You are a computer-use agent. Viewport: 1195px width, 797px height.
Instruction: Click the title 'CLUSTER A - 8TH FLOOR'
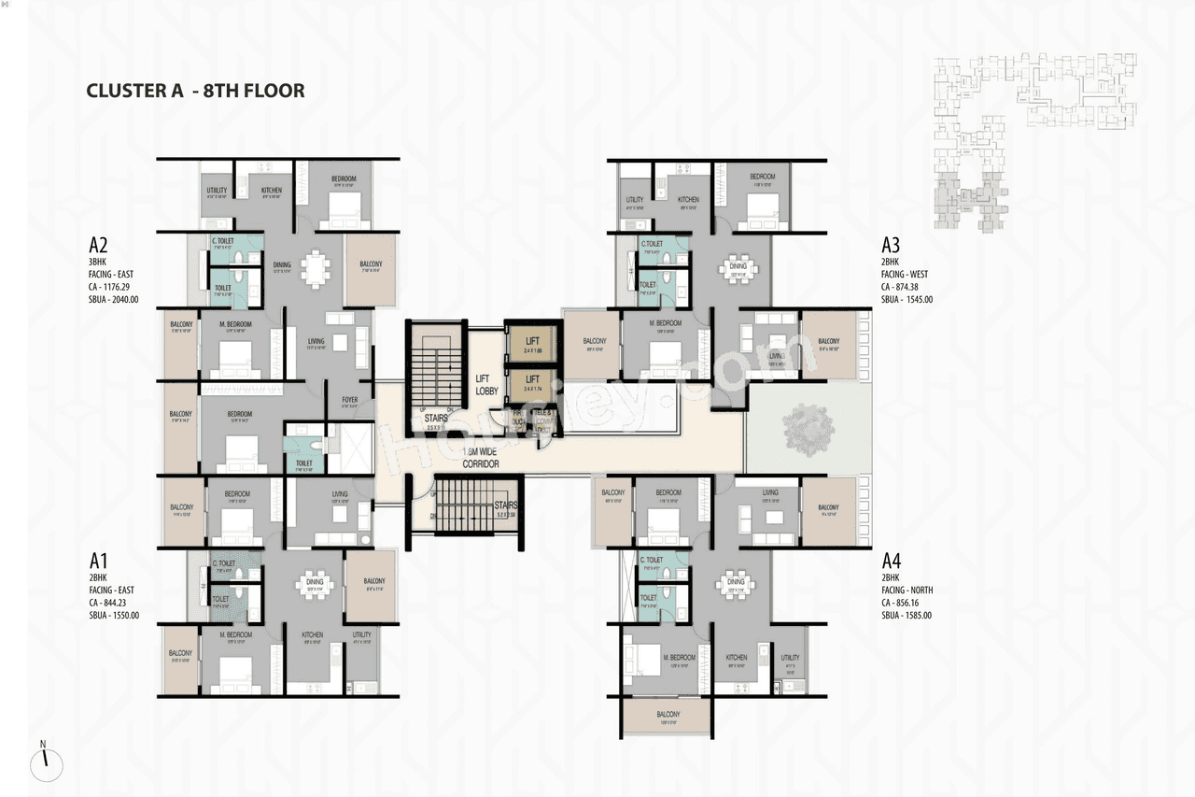[x=195, y=91]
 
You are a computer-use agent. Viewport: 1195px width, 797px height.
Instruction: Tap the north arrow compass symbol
[x=45, y=763]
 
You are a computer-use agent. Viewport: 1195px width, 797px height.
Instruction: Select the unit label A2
[x=99, y=246]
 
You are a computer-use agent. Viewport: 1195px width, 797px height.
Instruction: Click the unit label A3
[x=891, y=246]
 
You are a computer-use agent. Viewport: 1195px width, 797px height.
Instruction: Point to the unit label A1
[x=99, y=562]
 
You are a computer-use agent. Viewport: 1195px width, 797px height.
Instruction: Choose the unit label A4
[x=892, y=562]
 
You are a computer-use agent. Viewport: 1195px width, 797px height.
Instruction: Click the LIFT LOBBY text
[x=486, y=385]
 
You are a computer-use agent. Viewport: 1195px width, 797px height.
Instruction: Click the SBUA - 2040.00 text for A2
[x=114, y=299]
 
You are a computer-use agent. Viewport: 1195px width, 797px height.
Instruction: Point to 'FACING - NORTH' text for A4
[x=907, y=591]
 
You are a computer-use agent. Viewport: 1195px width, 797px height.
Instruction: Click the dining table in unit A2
[x=316, y=269]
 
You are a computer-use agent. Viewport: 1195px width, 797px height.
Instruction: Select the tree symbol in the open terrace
[x=808, y=430]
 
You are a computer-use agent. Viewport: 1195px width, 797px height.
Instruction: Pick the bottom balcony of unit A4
[x=667, y=718]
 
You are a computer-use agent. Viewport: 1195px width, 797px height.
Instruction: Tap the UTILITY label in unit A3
[x=635, y=200]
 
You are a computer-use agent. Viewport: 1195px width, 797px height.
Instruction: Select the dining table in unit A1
[x=315, y=585]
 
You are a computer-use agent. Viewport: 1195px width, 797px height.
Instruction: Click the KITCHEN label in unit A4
[x=737, y=658]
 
